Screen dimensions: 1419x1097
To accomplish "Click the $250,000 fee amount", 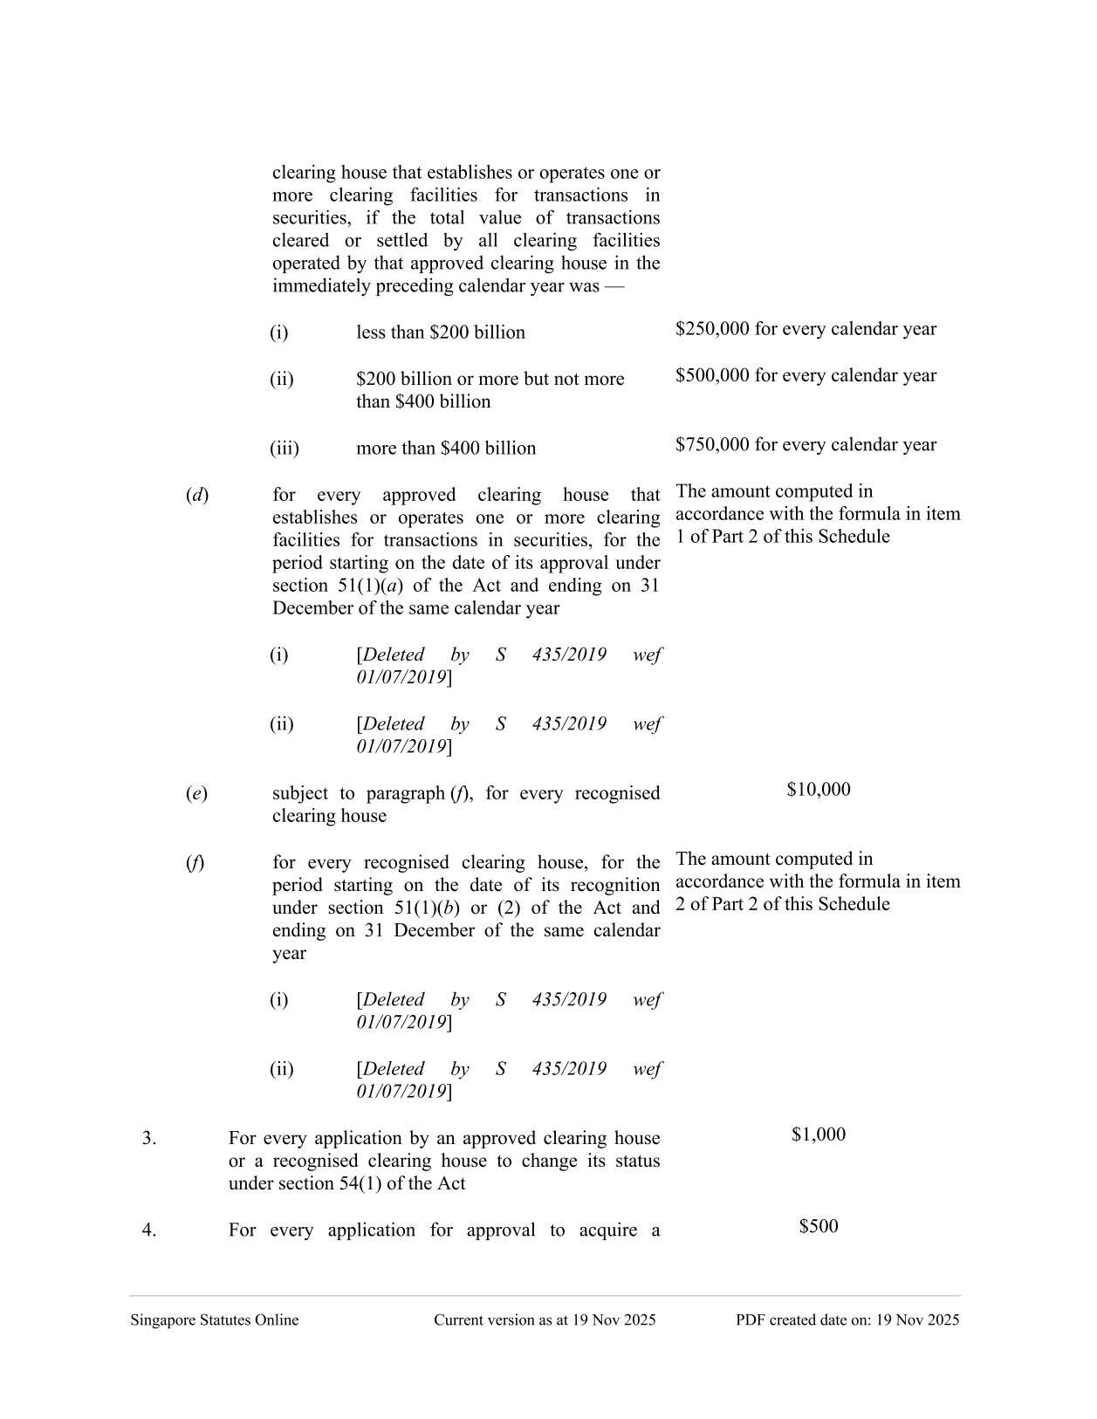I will [x=712, y=329].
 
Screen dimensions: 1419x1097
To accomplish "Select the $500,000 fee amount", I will [x=712, y=375].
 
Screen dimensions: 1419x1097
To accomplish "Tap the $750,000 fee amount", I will [x=712, y=444].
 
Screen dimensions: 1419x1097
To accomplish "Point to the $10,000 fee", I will [x=818, y=790].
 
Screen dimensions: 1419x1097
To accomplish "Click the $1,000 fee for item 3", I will [x=818, y=1135].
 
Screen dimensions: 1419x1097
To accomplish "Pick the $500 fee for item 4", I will [x=818, y=1226].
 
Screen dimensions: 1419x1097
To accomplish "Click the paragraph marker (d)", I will [x=196, y=495].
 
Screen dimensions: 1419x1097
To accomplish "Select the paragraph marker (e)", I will [x=196, y=793].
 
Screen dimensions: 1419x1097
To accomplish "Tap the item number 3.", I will [x=149, y=1138].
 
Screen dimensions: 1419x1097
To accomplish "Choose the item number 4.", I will [x=149, y=1230].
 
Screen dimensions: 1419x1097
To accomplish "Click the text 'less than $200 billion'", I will [x=440, y=332].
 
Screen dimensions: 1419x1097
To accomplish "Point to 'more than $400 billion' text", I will [x=445, y=449].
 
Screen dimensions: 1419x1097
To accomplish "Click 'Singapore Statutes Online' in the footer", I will [x=214, y=1320].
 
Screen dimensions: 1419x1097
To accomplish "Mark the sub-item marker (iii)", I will [x=284, y=449].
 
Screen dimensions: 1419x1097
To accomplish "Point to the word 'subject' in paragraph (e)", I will [x=300, y=793].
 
